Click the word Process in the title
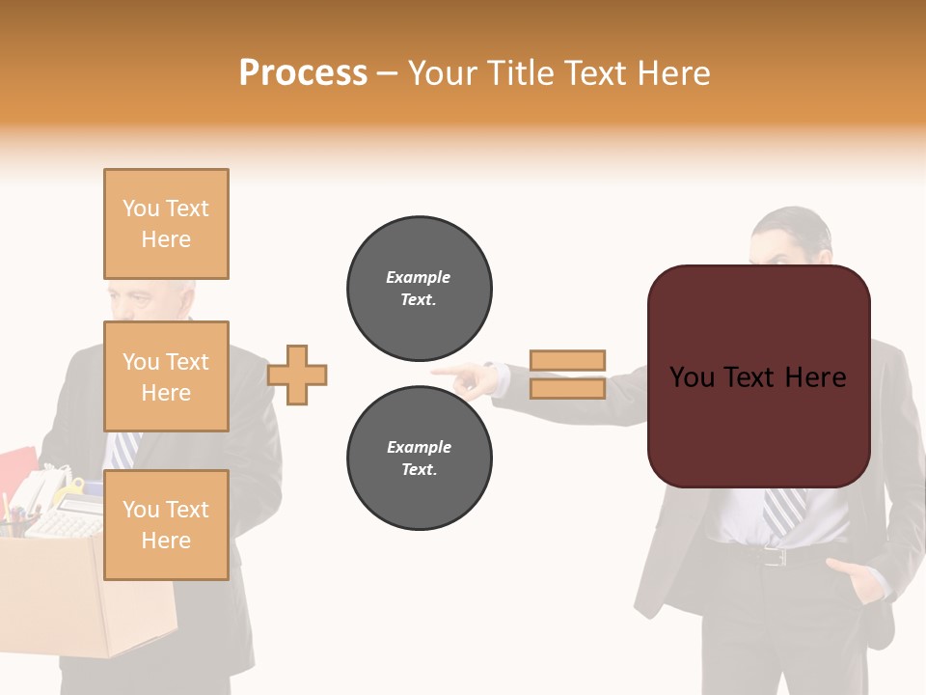(x=303, y=73)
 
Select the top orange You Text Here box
(x=166, y=224)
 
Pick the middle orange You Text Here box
(x=166, y=376)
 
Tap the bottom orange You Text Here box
(x=166, y=525)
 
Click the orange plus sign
(x=297, y=375)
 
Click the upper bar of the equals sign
(x=567, y=360)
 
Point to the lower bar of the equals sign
(x=567, y=388)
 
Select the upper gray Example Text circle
(x=420, y=289)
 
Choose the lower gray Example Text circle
(x=420, y=459)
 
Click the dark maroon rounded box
(x=758, y=376)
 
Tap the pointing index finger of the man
(x=446, y=370)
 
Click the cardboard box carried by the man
(x=87, y=598)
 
